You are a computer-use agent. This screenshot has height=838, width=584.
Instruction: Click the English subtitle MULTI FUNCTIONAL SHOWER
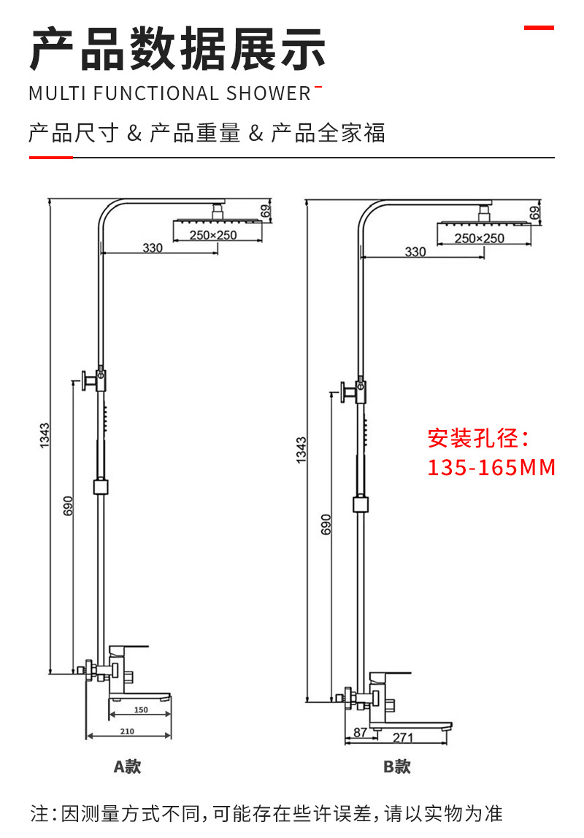[169, 94]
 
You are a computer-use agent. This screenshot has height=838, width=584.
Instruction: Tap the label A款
[127, 766]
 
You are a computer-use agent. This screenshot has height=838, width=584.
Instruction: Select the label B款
[397, 767]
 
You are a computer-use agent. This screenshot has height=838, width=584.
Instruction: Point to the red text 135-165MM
[491, 467]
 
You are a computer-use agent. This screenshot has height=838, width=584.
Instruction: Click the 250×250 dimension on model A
[213, 235]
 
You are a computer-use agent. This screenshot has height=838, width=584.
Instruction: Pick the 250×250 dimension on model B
[480, 238]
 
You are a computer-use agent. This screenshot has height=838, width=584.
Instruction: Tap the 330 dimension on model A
[153, 248]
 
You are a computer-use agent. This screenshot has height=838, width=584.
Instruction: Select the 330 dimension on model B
[415, 252]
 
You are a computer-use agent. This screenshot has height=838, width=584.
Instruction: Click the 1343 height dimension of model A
[45, 436]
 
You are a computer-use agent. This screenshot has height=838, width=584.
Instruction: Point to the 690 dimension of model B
[326, 524]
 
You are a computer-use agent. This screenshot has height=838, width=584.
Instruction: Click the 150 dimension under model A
[141, 710]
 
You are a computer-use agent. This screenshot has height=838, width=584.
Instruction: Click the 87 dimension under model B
[360, 732]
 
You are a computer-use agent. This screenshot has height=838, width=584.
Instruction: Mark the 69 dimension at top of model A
[266, 211]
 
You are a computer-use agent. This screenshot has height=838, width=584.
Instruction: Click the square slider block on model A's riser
[101, 486]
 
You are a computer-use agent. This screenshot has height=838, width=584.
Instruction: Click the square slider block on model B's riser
[360, 504]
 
